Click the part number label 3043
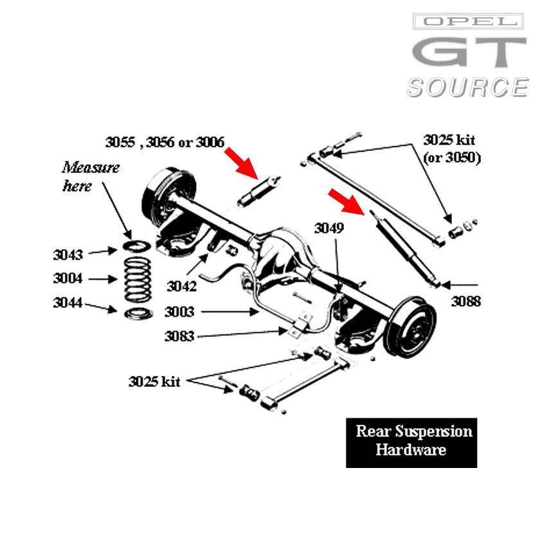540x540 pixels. (x=67, y=255)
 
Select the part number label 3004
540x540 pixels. (x=67, y=279)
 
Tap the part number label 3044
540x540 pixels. (x=67, y=303)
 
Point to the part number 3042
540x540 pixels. (x=181, y=285)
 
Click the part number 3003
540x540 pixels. (x=179, y=312)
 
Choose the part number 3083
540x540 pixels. (x=179, y=336)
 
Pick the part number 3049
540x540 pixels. (x=329, y=228)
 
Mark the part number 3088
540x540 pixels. (x=465, y=300)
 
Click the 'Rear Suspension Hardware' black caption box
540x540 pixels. (x=411, y=440)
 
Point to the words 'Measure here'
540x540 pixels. (x=91, y=177)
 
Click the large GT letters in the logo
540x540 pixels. (x=469, y=53)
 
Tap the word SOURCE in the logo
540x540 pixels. (x=467, y=87)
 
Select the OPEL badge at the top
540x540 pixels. (x=468, y=22)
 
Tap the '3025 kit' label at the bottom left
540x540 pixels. (x=154, y=381)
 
